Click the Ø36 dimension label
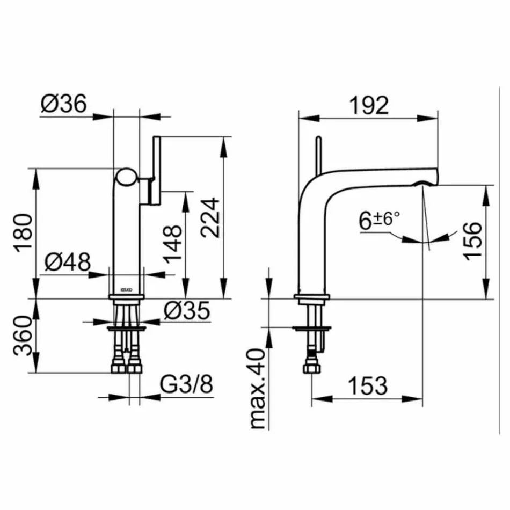pos(63,104)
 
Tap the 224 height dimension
pos(210,217)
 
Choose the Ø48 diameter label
pos(67,263)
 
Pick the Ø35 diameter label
pos(186,311)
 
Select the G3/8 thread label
pos(187,384)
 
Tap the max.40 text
pos(258,388)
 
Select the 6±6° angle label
pos(380,221)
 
